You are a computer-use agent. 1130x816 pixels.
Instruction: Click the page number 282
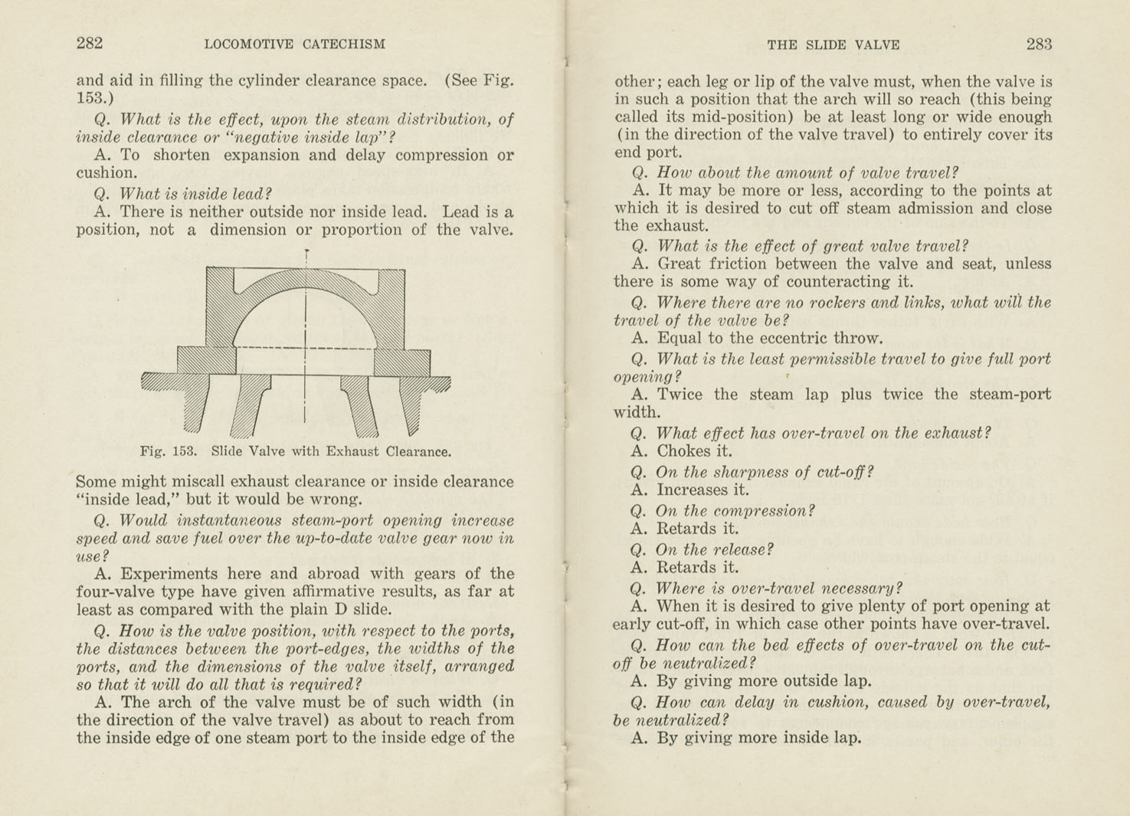(90, 44)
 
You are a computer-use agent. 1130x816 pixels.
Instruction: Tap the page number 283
(1039, 44)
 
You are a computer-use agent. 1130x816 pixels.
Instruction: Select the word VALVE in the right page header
(877, 45)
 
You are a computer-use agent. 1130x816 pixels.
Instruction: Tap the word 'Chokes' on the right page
(683, 451)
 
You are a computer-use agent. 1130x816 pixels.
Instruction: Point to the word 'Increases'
(693, 490)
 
